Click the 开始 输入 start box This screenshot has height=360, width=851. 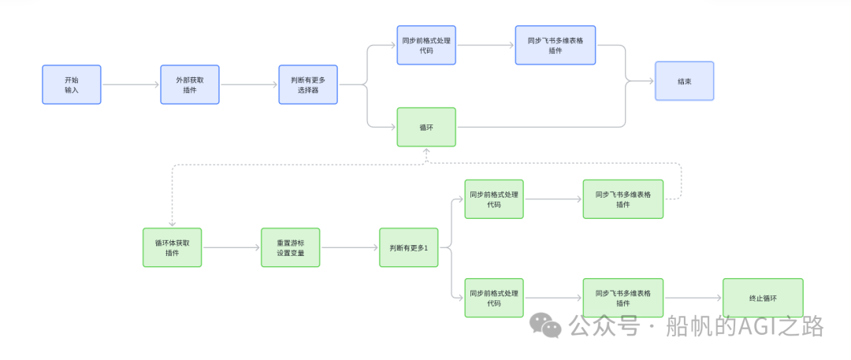(72, 84)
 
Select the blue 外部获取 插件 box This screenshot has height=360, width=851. (190, 84)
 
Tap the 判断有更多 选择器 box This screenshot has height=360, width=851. (308, 84)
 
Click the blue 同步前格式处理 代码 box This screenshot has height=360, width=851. (426, 45)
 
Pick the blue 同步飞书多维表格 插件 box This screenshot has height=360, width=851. (556, 45)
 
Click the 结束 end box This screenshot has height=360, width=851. (684, 81)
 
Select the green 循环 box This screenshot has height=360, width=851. (426, 127)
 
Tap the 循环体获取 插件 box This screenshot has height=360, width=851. (172, 247)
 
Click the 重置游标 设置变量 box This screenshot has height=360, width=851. (290, 247)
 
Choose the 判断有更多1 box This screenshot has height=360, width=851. (408, 247)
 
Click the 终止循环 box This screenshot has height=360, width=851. (763, 298)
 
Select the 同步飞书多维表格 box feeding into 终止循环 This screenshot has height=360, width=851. (622, 298)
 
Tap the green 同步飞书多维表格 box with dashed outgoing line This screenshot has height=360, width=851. (622, 199)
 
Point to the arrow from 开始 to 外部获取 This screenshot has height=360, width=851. (131, 84)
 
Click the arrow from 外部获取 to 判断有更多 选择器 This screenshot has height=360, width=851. (249, 84)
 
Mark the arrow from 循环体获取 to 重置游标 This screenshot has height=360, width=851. (232, 247)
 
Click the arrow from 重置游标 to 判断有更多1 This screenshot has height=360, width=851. (350, 247)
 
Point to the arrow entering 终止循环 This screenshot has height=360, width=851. (693, 298)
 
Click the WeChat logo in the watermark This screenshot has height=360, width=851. (545, 325)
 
